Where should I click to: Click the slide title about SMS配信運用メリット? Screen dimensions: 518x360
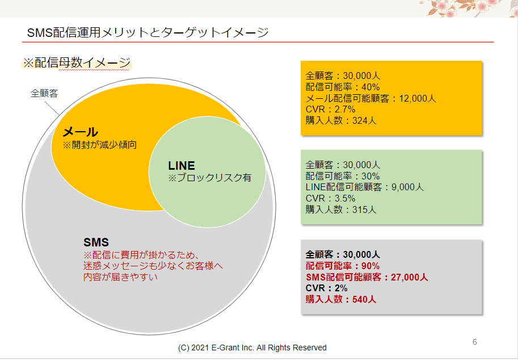click(x=148, y=32)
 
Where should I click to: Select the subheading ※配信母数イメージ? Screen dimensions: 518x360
click(x=77, y=62)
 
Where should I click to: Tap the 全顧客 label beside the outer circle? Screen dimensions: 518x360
click(x=44, y=94)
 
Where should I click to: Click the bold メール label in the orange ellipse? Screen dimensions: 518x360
click(x=80, y=132)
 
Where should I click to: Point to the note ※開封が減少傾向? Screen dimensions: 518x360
click(x=99, y=145)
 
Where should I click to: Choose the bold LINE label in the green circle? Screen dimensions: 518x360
click(x=182, y=165)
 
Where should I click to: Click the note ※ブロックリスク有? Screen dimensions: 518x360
click(x=209, y=178)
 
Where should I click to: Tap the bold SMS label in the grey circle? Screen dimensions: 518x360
click(x=96, y=242)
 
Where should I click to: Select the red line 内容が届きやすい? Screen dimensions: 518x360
click(x=120, y=277)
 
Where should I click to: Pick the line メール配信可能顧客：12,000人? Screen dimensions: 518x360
click(x=370, y=98)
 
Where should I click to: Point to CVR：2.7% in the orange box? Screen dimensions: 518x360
click(x=330, y=110)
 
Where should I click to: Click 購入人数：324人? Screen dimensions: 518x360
click(x=341, y=120)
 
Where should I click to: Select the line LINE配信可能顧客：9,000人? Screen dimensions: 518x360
click(x=364, y=187)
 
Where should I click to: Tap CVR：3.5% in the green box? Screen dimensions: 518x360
click(x=330, y=198)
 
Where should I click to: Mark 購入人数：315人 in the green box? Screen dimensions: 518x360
click(x=341, y=210)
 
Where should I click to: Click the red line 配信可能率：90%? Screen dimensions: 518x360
click(x=343, y=266)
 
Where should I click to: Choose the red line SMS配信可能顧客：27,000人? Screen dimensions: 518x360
click(x=367, y=277)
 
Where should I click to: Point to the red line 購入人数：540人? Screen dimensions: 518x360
click(x=341, y=299)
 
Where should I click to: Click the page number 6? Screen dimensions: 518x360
click(x=475, y=342)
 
